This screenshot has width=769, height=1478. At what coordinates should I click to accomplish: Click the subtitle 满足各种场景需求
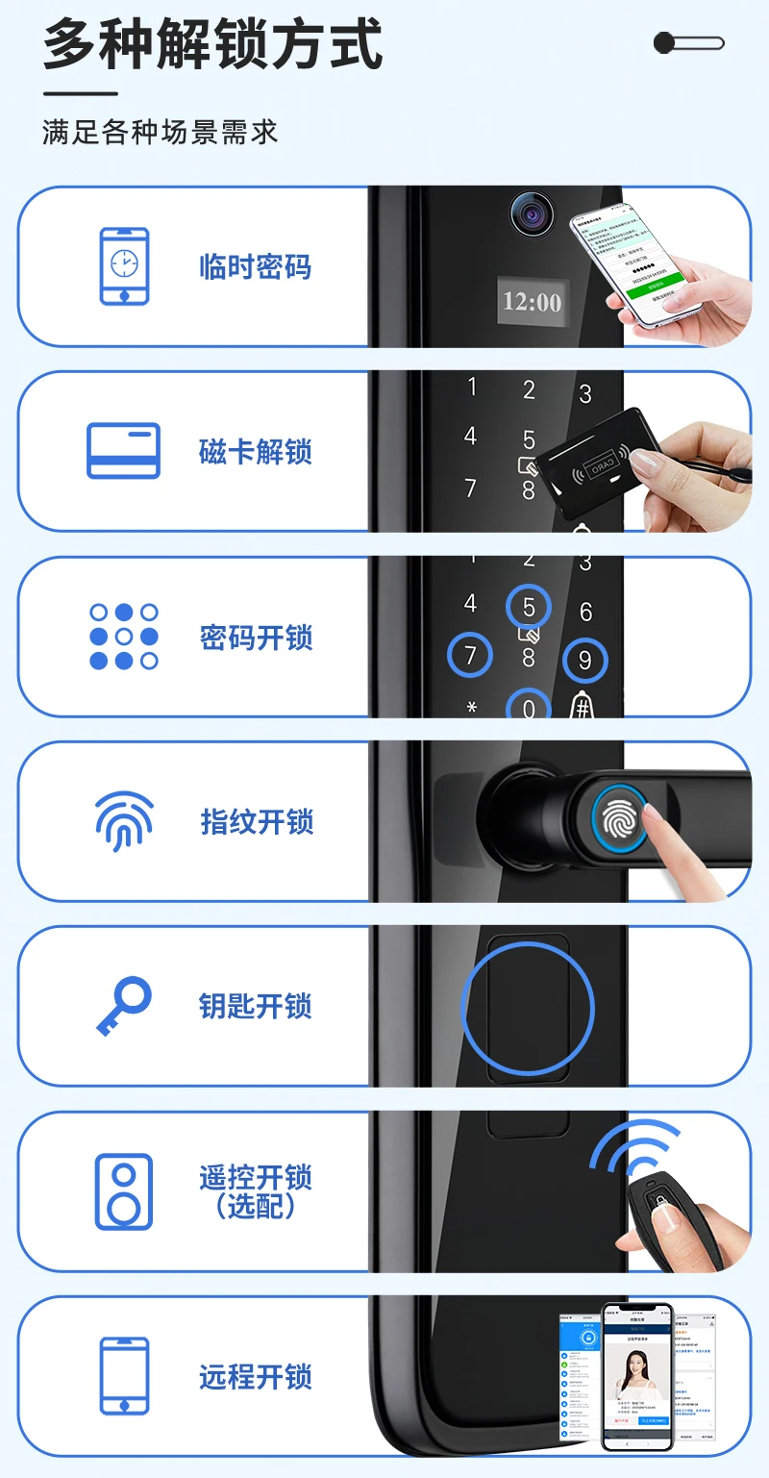coord(160,132)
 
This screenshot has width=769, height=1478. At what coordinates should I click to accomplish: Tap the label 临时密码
coord(255,266)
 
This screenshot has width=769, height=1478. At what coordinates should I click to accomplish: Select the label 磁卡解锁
coord(255,452)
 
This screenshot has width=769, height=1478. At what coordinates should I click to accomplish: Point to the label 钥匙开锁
coord(255,1006)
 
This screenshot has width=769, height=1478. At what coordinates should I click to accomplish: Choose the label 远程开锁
coord(255,1376)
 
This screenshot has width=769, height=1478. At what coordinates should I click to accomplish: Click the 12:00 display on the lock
coord(532,302)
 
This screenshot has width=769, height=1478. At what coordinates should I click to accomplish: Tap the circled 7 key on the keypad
coord(470,656)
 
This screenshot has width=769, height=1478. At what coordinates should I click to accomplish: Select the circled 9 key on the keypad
coord(585,660)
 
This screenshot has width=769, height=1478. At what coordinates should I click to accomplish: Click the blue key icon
coord(124,1006)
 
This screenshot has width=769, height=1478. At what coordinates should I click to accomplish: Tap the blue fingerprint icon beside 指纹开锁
coord(124,821)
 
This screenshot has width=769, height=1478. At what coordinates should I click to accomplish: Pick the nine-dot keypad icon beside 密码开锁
coord(124,637)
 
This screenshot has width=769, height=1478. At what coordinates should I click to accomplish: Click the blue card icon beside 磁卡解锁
coord(124,451)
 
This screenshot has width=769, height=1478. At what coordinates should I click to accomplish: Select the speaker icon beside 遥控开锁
coord(124,1191)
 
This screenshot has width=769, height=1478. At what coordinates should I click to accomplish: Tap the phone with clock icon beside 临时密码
coord(124,266)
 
